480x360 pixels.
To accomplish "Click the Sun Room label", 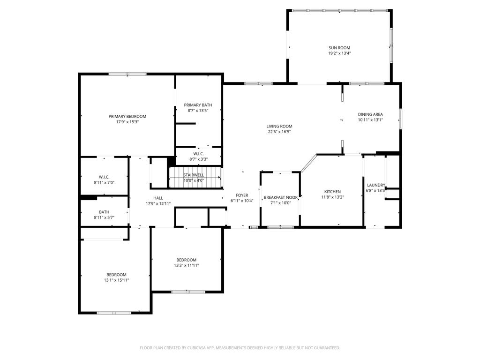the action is pyautogui.click(x=339, y=48).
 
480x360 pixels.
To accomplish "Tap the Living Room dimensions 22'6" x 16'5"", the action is pyautogui.click(x=279, y=132).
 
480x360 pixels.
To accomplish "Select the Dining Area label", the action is pyautogui.click(x=370, y=114).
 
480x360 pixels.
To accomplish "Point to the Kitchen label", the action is pyautogui.click(x=332, y=192).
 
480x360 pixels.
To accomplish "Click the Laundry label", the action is pyautogui.click(x=376, y=185).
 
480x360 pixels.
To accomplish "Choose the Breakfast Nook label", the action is pyautogui.click(x=281, y=197).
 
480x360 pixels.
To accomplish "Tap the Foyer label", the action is pyautogui.click(x=242, y=195).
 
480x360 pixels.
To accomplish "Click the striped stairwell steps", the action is pyautogui.click(x=195, y=177).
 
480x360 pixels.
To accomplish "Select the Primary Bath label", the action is pyautogui.click(x=198, y=105).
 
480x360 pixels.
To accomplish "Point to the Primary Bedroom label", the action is pyautogui.click(x=127, y=116).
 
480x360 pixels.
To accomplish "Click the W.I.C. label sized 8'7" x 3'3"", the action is pyautogui.click(x=198, y=154).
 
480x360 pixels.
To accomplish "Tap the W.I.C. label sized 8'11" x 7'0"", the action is pyautogui.click(x=104, y=177).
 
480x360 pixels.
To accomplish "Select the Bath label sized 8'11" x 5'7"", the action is pyautogui.click(x=104, y=212).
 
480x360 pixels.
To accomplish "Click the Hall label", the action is pyautogui.click(x=158, y=198).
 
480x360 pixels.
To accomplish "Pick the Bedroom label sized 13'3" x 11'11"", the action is pyautogui.click(x=186, y=260).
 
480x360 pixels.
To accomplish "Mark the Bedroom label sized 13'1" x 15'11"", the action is pyautogui.click(x=116, y=275).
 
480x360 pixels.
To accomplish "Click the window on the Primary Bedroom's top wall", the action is pyautogui.click(x=127, y=74).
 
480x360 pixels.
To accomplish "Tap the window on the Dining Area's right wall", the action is pyautogui.click(x=400, y=119).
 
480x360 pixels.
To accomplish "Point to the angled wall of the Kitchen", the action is pyautogui.click(x=308, y=163).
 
